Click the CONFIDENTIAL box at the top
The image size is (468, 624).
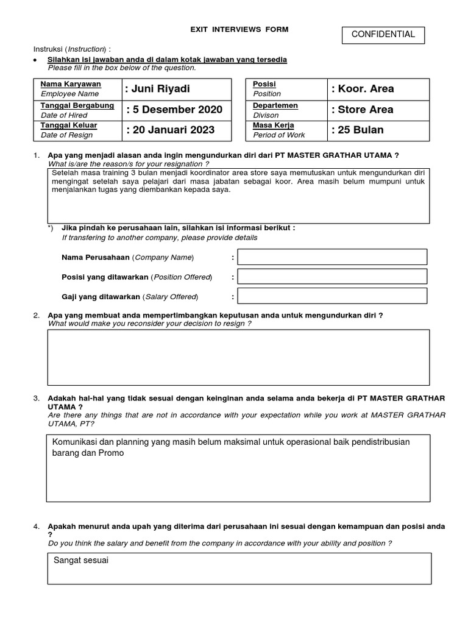(x=383, y=35)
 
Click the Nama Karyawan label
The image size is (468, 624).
(x=71, y=84)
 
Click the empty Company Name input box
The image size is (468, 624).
(x=332, y=257)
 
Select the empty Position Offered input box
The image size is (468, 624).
(x=332, y=277)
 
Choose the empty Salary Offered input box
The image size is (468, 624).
(x=332, y=296)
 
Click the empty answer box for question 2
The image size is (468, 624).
(x=238, y=358)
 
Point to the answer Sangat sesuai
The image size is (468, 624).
(x=81, y=560)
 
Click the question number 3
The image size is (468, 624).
(x=37, y=398)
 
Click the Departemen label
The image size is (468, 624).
(x=275, y=105)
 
